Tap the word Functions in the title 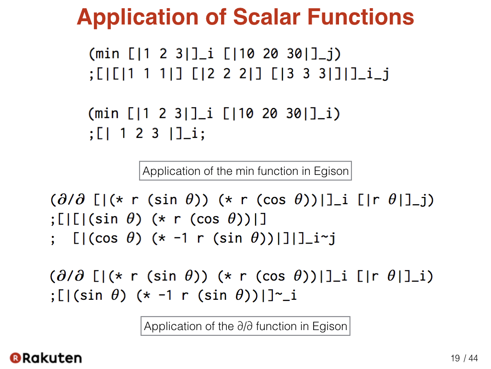(x=361, y=17)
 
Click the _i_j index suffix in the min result (x=374, y=74)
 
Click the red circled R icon (x=15, y=358)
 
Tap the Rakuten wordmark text (x=52, y=358)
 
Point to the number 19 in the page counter (x=456, y=358)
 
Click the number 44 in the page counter (x=473, y=358)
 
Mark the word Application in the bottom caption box (x=173, y=327)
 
